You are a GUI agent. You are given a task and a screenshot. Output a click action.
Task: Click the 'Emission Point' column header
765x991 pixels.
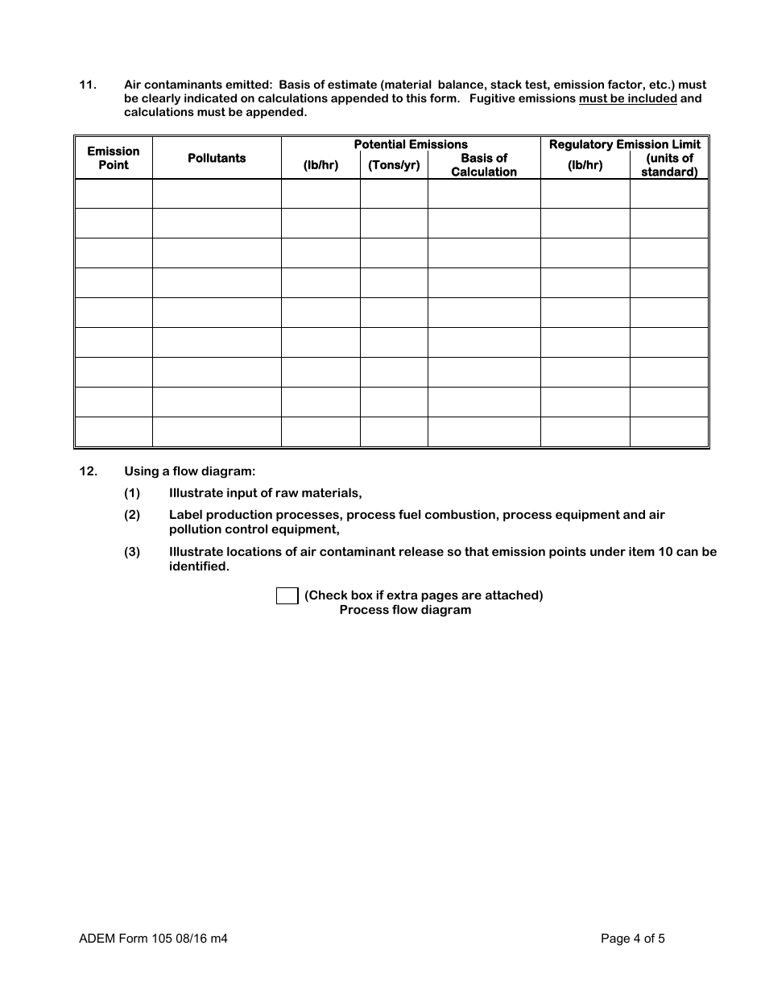[113, 158]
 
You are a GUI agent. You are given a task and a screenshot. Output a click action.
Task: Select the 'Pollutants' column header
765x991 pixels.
[217, 158]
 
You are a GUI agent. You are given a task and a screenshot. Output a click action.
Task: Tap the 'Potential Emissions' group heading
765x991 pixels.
[411, 144]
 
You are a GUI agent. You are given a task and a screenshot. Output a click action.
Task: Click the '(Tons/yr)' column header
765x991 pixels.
[394, 165]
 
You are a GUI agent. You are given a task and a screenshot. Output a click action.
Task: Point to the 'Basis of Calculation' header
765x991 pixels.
[484, 165]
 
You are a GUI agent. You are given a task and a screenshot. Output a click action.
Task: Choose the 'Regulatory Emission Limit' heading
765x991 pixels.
[625, 144]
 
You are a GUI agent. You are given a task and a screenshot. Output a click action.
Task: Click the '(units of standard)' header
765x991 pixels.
[669, 165]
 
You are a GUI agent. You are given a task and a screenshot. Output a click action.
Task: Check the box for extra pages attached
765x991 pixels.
[287, 595]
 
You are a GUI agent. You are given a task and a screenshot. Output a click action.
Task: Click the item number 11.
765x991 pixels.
[88, 85]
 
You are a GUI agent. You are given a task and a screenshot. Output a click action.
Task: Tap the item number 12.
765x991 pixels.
[88, 471]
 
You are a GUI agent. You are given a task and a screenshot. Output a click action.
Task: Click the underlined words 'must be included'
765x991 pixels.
[628, 99]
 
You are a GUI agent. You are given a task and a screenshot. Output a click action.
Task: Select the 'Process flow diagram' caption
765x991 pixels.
[405, 610]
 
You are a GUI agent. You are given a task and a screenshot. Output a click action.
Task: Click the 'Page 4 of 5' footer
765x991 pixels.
[633, 938]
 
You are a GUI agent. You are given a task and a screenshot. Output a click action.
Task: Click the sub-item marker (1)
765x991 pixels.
[132, 493]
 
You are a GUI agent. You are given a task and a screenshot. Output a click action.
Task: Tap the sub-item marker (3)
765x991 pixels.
[132, 552]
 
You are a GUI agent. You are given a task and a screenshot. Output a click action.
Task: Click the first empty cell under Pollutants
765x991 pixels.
[217, 193]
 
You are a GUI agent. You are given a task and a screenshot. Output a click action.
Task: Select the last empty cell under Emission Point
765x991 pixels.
[113, 432]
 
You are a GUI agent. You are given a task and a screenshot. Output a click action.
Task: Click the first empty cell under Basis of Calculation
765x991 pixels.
[484, 193]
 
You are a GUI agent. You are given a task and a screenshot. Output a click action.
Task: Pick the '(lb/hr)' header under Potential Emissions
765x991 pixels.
[320, 165]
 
